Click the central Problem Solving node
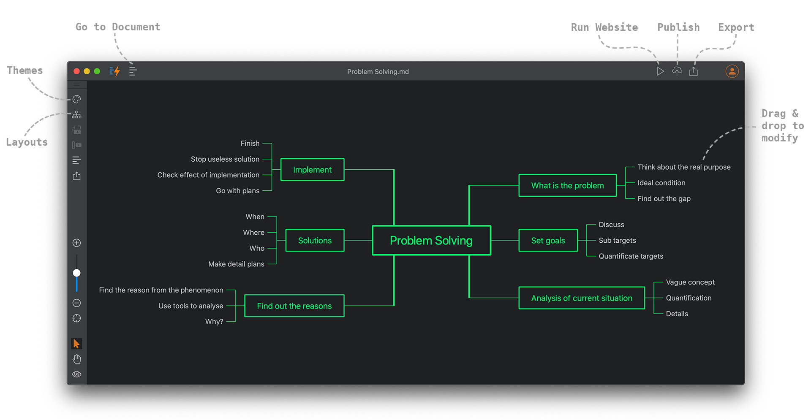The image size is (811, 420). pyautogui.click(x=431, y=240)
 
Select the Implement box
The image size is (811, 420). pyautogui.click(x=312, y=170)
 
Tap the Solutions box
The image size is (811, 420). pyautogui.click(x=315, y=240)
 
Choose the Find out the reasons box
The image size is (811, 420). pyautogui.click(x=294, y=306)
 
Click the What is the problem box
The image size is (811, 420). pyautogui.click(x=567, y=185)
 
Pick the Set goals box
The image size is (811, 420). pyautogui.click(x=548, y=240)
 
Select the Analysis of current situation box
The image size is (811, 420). pyautogui.click(x=581, y=298)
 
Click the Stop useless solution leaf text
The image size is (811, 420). pyautogui.click(x=225, y=159)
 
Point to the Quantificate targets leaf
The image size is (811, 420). pyautogui.click(x=631, y=256)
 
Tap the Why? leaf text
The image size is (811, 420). pyautogui.click(x=214, y=322)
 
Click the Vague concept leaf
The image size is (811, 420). pyautogui.click(x=690, y=282)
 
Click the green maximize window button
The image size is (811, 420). pyautogui.click(x=97, y=71)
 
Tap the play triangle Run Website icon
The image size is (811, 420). pyautogui.click(x=660, y=71)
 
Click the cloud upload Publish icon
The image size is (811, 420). pyautogui.click(x=677, y=71)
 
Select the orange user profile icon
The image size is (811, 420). pyautogui.click(x=732, y=71)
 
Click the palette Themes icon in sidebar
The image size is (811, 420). pyautogui.click(x=76, y=99)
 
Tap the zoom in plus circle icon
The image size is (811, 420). pyautogui.click(x=76, y=243)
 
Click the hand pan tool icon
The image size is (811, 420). pyautogui.click(x=76, y=359)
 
